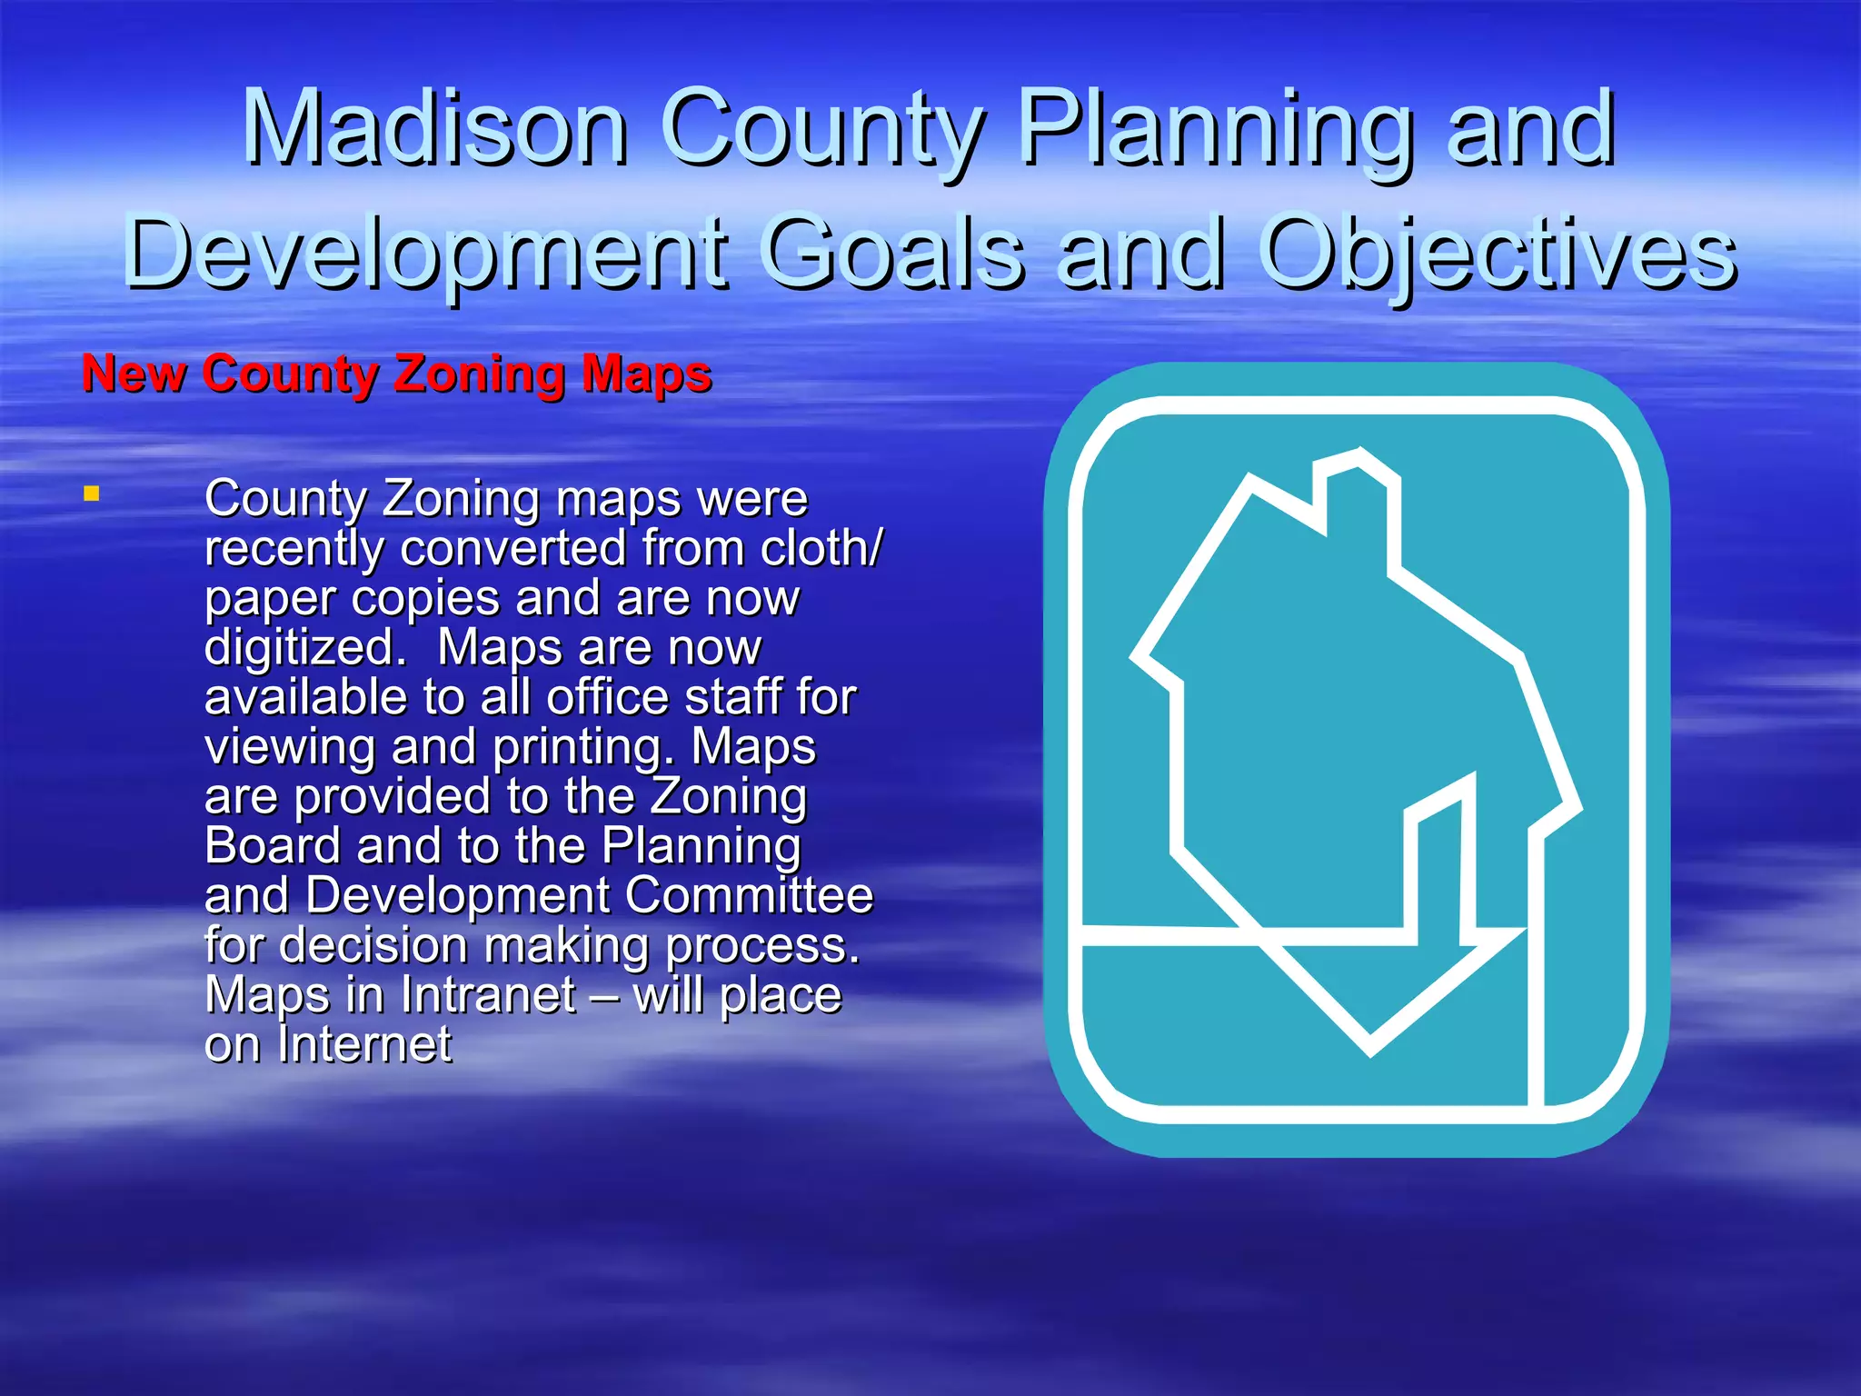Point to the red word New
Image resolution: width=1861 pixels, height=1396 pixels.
(x=134, y=374)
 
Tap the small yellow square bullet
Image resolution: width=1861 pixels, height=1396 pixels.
(x=91, y=494)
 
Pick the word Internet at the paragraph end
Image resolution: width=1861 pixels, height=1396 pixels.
(x=364, y=1044)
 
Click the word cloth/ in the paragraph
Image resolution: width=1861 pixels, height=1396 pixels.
(x=821, y=548)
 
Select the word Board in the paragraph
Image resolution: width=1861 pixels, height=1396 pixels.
(x=273, y=845)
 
